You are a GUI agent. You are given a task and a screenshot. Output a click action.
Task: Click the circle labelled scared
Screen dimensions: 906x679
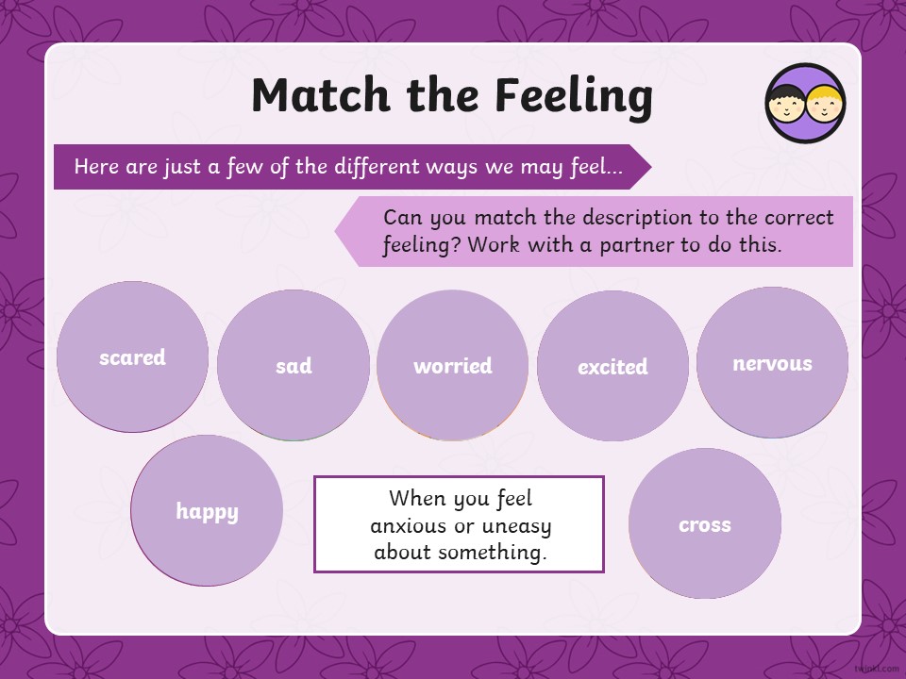tap(132, 356)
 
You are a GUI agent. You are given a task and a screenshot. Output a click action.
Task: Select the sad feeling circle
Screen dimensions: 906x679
tap(294, 365)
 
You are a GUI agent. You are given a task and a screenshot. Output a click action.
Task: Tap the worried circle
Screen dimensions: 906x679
tap(452, 365)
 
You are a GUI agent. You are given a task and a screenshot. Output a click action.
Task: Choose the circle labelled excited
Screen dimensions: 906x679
tap(612, 366)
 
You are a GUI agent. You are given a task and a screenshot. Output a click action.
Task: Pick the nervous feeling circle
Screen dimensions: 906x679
tap(773, 362)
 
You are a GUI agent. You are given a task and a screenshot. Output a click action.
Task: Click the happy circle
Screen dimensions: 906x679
tap(207, 510)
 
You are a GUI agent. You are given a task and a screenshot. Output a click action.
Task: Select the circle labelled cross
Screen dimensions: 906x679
tap(705, 523)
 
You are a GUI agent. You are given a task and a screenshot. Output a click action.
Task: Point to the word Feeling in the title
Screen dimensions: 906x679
tap(574, 97)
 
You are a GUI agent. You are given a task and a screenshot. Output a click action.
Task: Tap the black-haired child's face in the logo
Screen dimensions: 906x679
tap(786, 104)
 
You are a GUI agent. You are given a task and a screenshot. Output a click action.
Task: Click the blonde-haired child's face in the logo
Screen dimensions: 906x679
tap(825, 104)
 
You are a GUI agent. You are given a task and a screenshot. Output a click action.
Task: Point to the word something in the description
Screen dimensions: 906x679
tap(492, 553)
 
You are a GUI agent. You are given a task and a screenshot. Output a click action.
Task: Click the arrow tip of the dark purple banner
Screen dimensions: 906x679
tap(651, 167)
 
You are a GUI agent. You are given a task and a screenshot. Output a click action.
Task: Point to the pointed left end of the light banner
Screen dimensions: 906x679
tap(336, 232)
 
